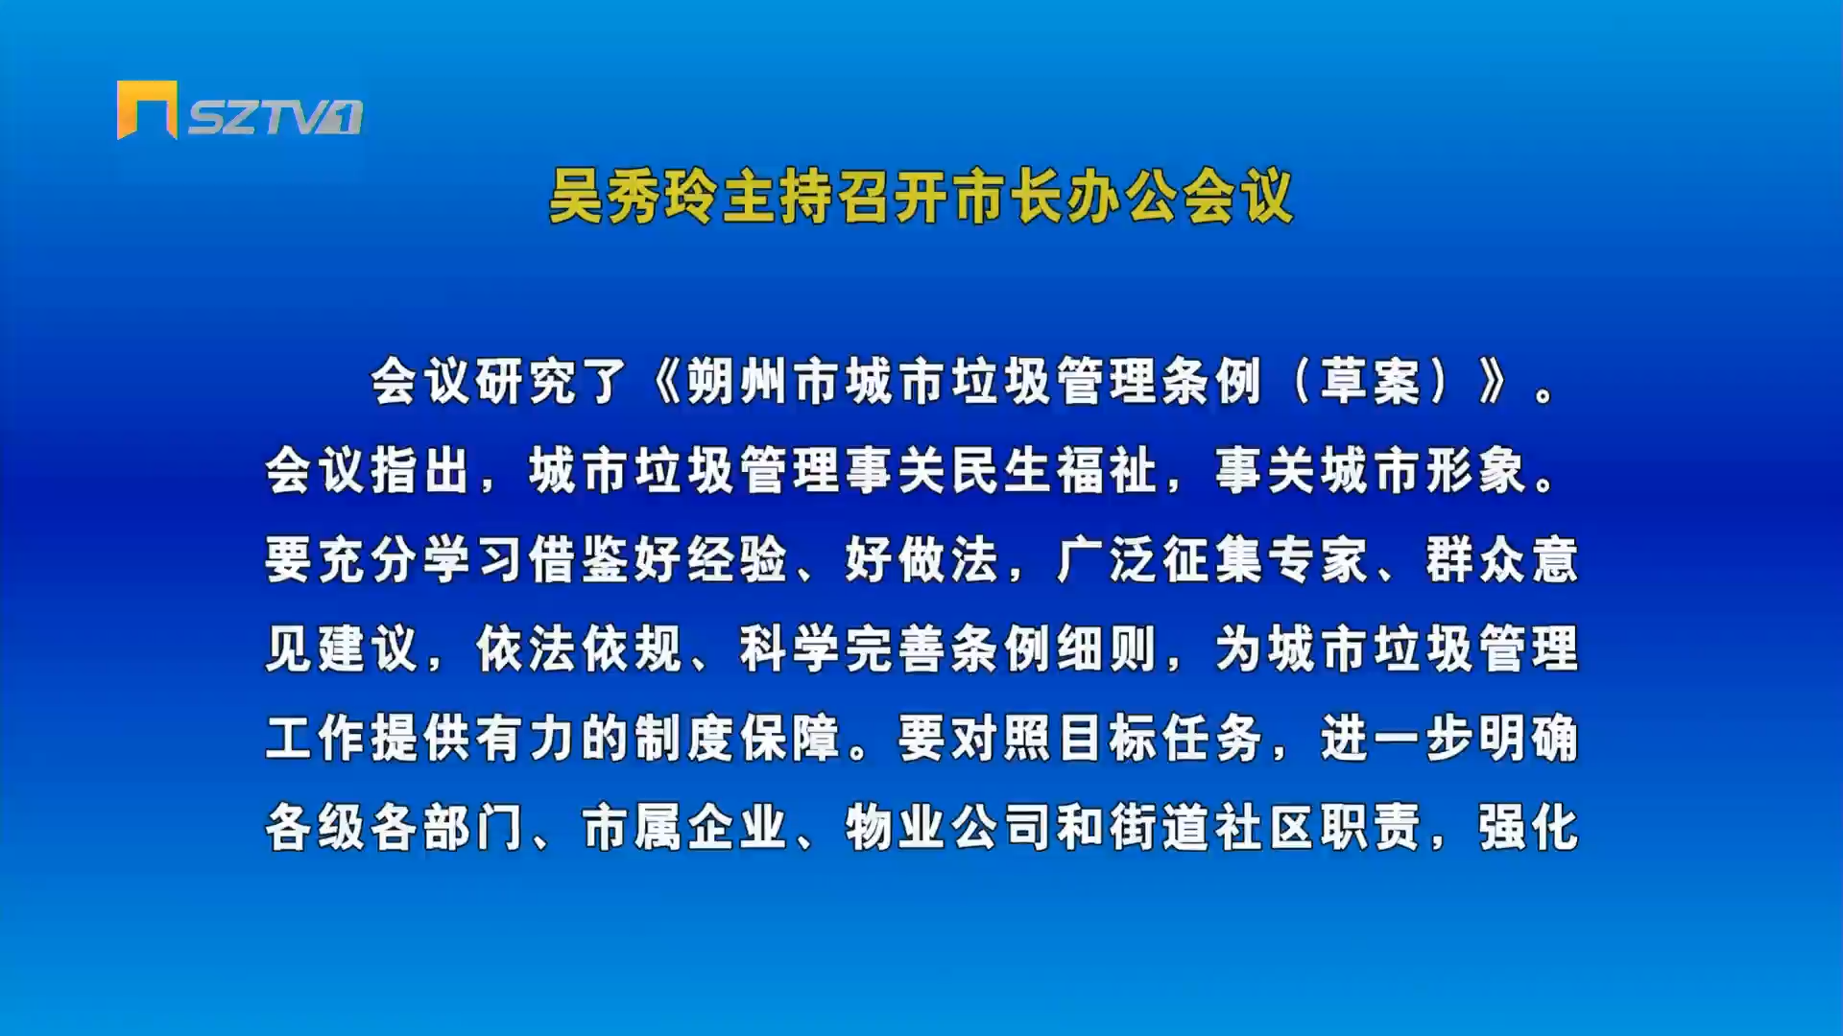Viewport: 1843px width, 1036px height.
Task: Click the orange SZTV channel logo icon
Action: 147,109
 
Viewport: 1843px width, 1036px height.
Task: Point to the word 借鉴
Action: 579,559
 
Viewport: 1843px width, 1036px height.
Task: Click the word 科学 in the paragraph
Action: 790,648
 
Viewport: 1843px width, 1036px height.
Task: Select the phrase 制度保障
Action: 737,738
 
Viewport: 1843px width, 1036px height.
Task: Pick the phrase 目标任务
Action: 1160,738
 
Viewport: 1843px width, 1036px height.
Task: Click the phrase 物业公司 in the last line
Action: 948,827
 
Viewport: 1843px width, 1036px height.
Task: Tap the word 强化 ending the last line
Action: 1528,827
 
